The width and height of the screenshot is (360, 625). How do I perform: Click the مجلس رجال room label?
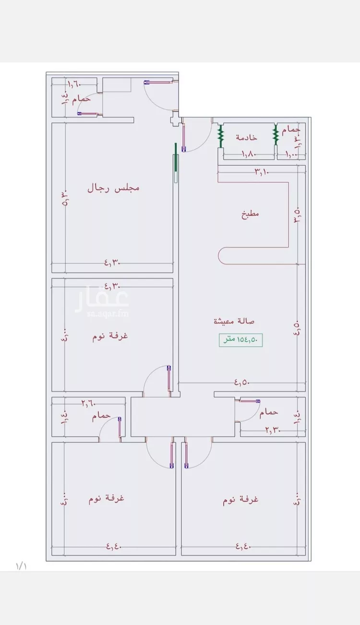coord(113,188)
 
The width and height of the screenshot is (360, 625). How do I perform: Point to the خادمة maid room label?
coord(246,138)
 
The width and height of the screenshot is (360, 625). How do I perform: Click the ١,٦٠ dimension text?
coord(75,84)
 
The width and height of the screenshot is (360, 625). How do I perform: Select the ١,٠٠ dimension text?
coord(291,155)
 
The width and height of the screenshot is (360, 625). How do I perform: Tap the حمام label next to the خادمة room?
coord(291,130)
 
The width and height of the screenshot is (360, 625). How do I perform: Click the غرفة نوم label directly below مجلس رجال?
coord(110,336)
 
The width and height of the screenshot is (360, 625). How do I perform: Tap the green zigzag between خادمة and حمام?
coord(276,135)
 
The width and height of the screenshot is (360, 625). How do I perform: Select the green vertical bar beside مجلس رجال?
coord(176,157)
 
